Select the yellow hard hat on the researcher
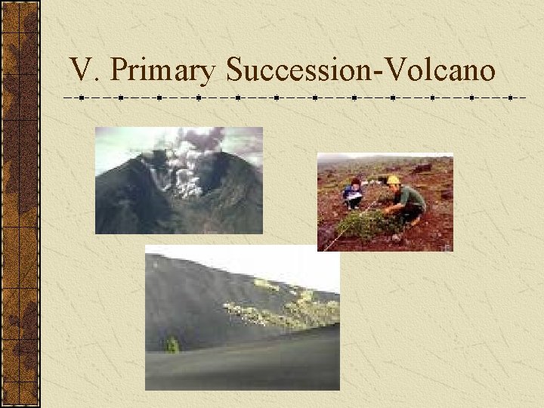(393, 180)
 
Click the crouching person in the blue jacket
(353, 193)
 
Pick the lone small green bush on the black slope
(172, 345)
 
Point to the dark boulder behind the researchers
(423, 168)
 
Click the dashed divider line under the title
(295, 98)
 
